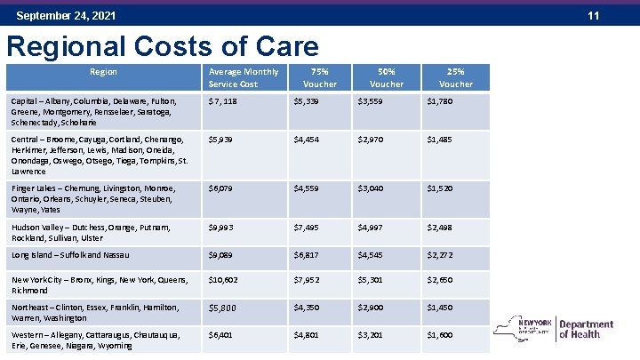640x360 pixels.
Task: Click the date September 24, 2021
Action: [66, 16]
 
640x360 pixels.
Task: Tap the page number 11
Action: [620, 16]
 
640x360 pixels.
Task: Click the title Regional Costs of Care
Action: [162, 46]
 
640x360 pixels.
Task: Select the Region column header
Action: [103, 71]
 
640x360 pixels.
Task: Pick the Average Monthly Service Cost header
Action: [243, 77]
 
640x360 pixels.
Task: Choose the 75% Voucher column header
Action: [319, 77]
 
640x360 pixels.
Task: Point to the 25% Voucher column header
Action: [456, 77]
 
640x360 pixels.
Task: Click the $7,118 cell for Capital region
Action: [222, 101]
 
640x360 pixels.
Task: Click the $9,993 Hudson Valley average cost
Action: [221, 228]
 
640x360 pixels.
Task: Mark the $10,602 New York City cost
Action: [224, 281]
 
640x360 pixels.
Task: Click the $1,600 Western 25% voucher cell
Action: [439, 335]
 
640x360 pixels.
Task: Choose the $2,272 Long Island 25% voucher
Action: [440, 256]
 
